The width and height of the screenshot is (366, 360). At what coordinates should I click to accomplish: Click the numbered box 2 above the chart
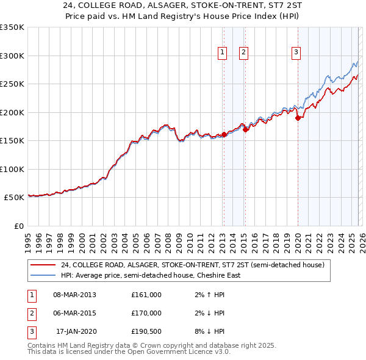pyautogui.click(x=243, y=53)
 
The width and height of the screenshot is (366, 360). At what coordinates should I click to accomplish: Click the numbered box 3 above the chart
pyautogui.click(x=296, y=53)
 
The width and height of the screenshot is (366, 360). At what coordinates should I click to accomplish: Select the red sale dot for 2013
pyautogui.click(x=224, y=134)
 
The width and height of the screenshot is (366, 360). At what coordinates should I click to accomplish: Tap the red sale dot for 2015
pyautogui.click(x=245, y=129)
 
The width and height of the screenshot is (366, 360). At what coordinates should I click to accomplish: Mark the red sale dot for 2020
pyautogui.click(x=298, y=118)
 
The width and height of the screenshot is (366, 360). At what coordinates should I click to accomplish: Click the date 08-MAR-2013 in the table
pyautogui.click(x=74, y=294)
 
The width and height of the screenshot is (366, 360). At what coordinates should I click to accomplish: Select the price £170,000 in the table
pyautogui.click(x=146, y=313)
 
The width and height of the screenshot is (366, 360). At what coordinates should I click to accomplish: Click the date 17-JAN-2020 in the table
pyautogui.click(x=76, y=332)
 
